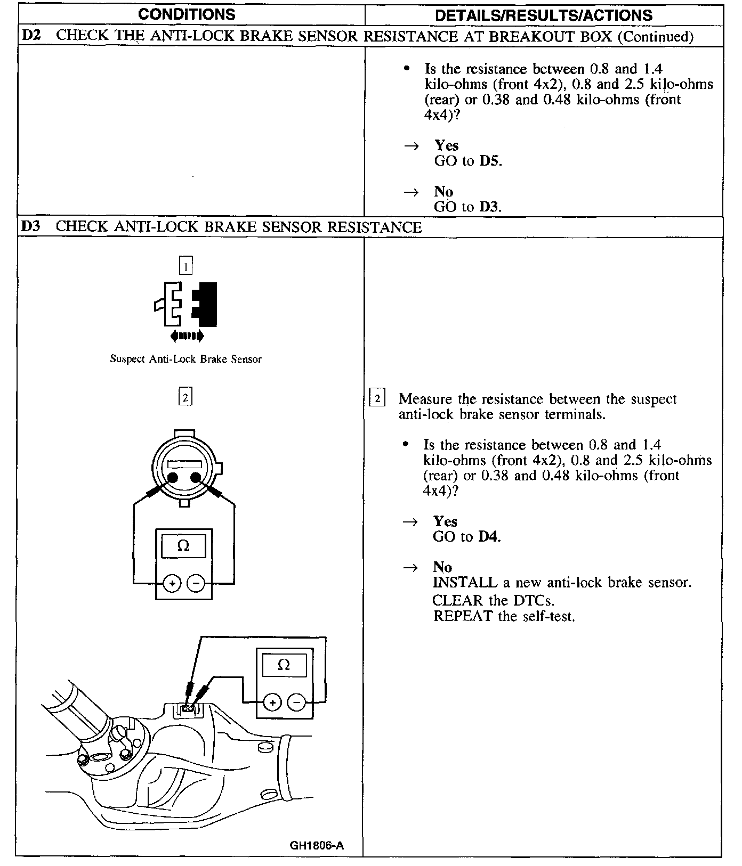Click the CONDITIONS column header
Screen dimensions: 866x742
click(186, 14)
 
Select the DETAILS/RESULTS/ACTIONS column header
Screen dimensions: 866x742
click(544, 15)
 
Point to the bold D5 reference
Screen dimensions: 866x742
click(489, 161)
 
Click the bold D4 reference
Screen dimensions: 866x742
click(488, 537)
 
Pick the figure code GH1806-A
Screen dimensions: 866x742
click(317, 845)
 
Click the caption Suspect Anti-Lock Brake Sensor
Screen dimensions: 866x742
click(185, 359)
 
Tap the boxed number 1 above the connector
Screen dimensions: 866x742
click(185, 265)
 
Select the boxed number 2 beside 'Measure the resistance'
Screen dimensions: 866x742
click(377, 398)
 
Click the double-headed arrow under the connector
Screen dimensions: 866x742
click(186, 336)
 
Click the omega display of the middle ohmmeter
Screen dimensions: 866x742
click(183, 546)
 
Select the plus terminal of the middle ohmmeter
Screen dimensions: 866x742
click(172, 584)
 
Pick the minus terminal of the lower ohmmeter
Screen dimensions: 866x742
click(296, 703)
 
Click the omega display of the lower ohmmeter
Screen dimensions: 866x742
click(284, 665)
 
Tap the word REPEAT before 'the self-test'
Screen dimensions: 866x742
click(463, 616)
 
